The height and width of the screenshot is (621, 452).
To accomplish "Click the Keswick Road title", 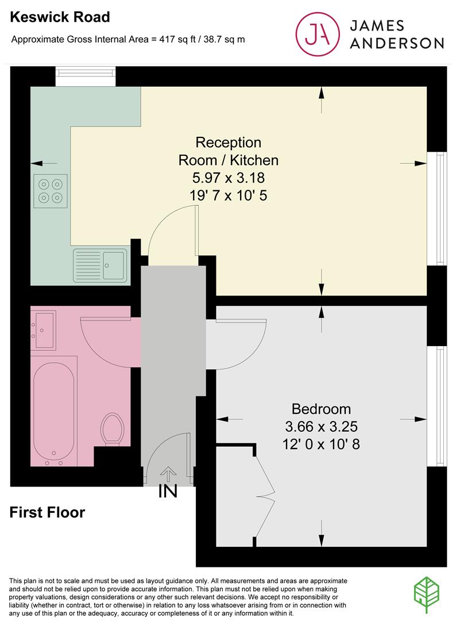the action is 60,17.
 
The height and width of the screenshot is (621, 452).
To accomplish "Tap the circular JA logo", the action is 318,34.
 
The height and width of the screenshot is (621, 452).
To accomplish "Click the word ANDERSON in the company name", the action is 397,43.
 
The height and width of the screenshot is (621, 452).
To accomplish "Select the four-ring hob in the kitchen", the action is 50,191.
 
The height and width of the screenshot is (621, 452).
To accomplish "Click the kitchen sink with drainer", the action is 100,265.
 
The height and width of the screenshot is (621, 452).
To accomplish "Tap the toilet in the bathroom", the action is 113,430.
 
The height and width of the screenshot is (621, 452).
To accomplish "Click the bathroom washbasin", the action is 44,330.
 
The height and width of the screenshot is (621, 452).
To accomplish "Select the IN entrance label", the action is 168,492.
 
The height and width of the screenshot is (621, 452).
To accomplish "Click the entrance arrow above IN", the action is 168,473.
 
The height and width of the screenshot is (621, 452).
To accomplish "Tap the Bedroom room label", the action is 321,409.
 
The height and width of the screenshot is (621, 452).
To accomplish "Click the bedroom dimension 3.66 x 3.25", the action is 321,427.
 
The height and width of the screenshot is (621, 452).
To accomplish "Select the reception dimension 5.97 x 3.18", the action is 229,178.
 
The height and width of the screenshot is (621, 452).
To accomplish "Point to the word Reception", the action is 229,142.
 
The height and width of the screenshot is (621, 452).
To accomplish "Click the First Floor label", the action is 47,512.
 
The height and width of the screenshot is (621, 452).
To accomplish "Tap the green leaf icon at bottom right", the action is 427,596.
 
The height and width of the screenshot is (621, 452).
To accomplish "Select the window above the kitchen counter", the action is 86,76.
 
